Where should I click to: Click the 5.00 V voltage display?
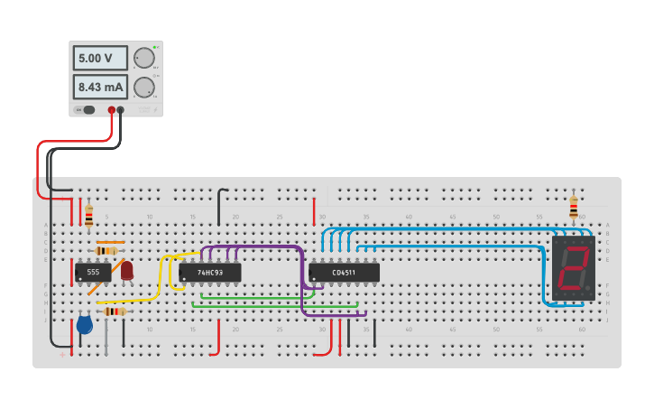100,58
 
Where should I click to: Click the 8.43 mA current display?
100,87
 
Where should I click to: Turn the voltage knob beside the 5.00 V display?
143,58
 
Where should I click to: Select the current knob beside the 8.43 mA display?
143,88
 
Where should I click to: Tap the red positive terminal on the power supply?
112,110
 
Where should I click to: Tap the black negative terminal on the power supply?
120,110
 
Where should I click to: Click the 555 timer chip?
92,272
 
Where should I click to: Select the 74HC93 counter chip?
209,272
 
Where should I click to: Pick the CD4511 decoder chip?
344,272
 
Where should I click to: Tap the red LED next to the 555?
127,269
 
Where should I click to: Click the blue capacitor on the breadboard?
85,324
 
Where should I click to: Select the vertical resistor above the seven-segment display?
574,209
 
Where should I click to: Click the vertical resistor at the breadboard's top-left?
88,215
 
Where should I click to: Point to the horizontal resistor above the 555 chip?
109,250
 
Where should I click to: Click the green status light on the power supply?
154,47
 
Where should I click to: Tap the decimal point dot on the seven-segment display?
588,290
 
